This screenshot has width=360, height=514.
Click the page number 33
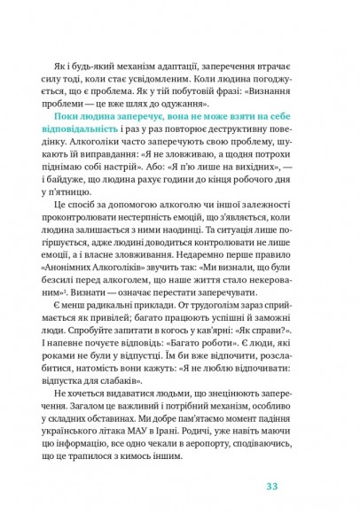272,485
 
